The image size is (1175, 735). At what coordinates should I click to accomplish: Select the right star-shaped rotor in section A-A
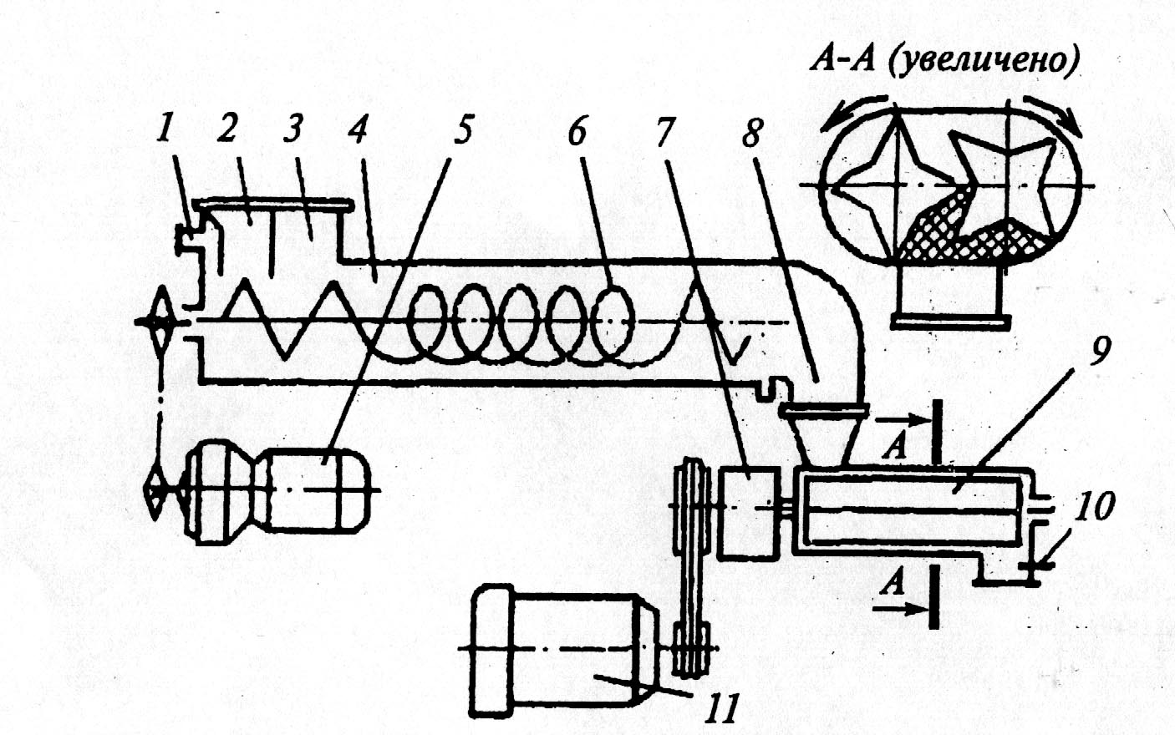tap(1003, 175)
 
